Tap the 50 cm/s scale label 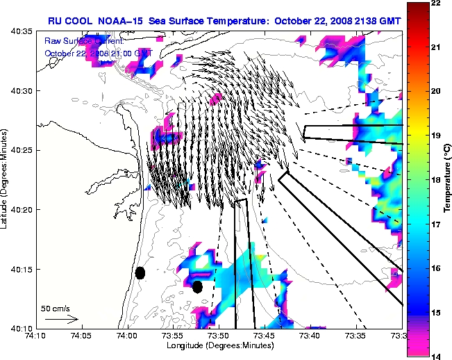(54, 308)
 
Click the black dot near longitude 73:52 (197, 286)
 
